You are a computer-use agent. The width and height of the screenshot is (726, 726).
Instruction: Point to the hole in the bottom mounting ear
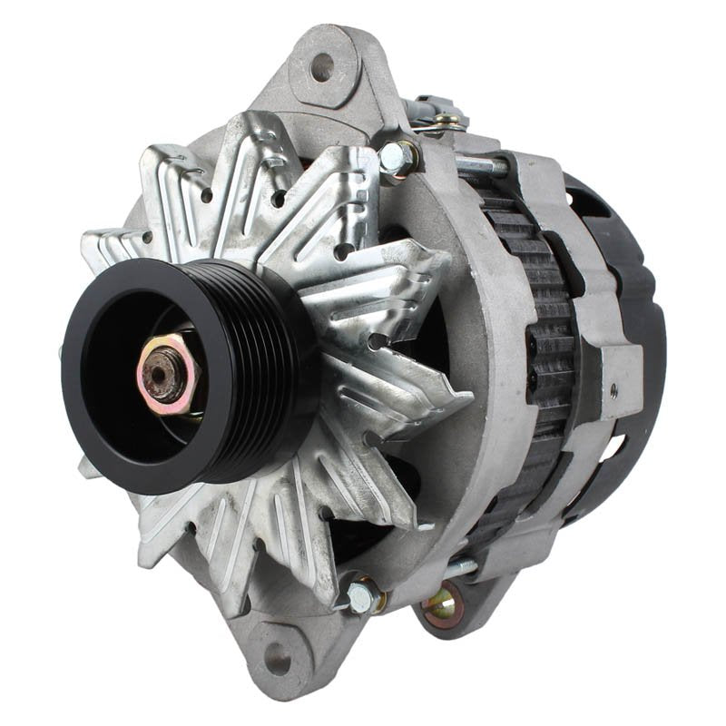coord(277,660)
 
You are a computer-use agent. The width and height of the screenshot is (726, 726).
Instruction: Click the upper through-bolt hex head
coord(396,160)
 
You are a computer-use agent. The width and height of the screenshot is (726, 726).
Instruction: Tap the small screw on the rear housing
coord(613,390)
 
